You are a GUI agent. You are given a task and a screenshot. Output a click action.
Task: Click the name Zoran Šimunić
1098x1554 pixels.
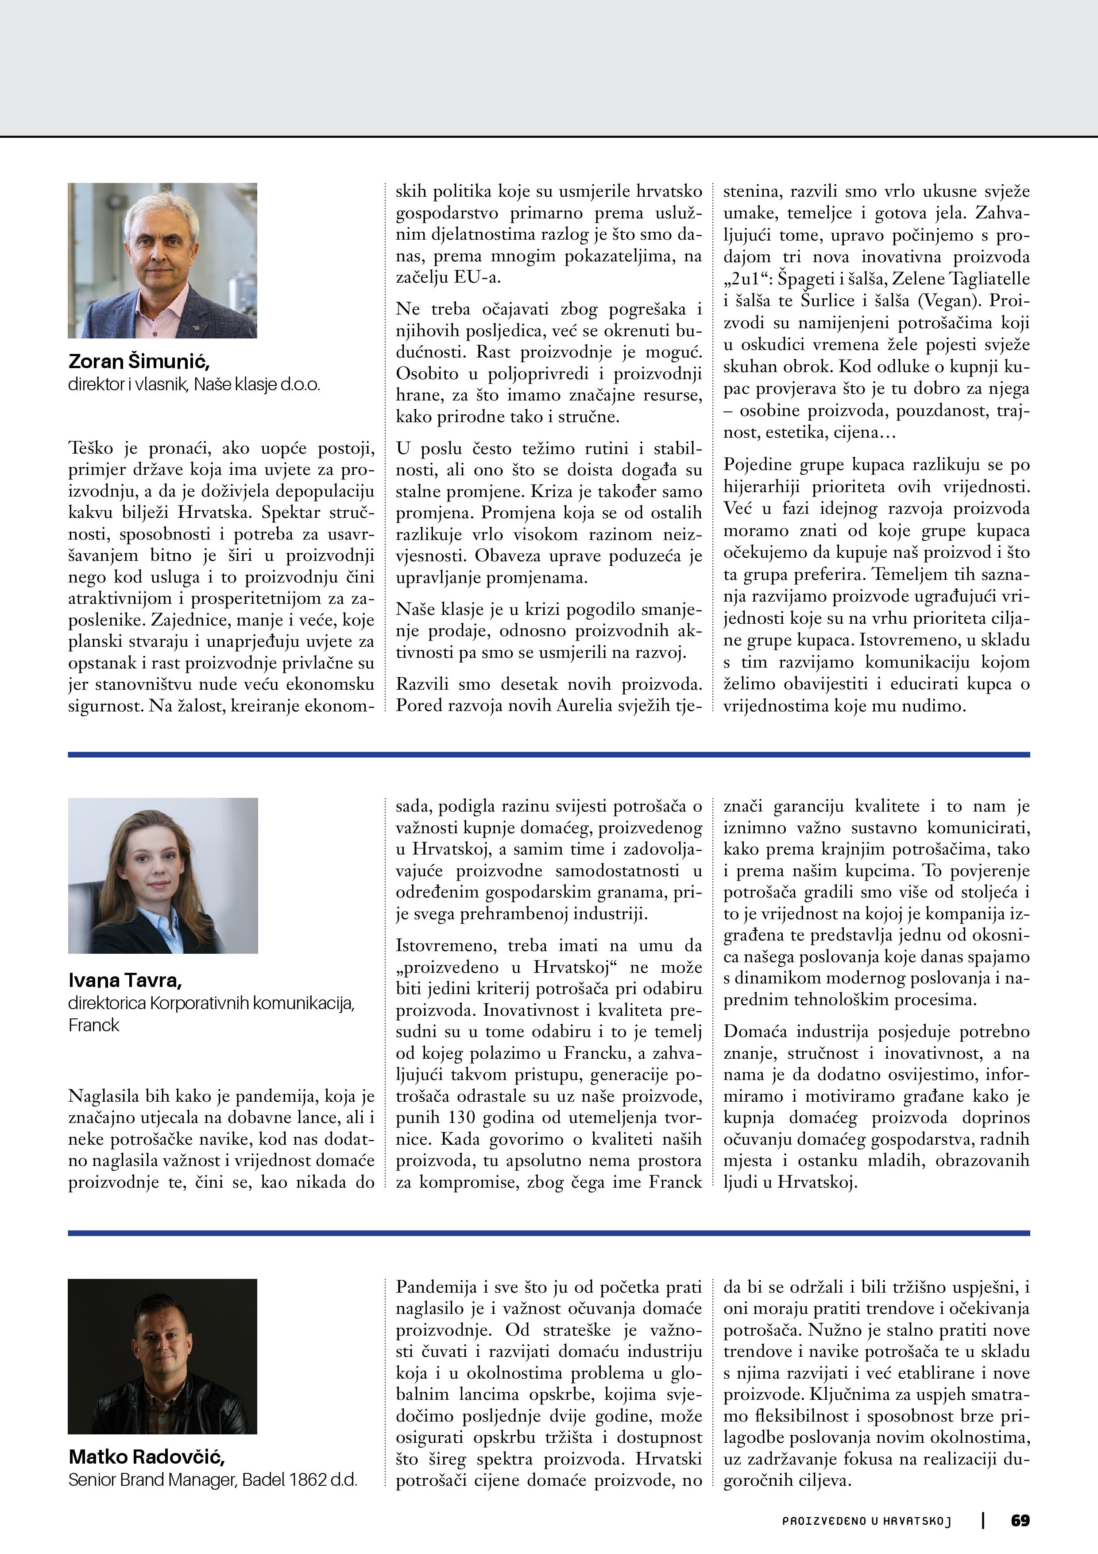(x=139, y=361)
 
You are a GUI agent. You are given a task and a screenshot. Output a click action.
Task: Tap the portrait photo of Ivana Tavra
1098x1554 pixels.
(x=163, y=875)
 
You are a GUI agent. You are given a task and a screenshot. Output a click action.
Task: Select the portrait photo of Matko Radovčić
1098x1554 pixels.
(x=162, y=1356)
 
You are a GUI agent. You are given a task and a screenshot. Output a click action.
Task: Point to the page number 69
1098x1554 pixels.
(x=1020, y=1520)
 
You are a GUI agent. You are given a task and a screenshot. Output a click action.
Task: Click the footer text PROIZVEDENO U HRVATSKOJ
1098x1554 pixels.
(x=866, y=1521)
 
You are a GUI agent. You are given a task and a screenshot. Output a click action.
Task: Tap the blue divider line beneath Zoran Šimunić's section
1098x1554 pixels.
(x=549, y=754)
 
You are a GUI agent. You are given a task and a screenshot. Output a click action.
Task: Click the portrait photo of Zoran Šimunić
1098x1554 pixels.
(x=162, y=260)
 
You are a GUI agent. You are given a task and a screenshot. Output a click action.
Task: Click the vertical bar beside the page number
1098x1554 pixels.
(x=982, y=1520)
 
